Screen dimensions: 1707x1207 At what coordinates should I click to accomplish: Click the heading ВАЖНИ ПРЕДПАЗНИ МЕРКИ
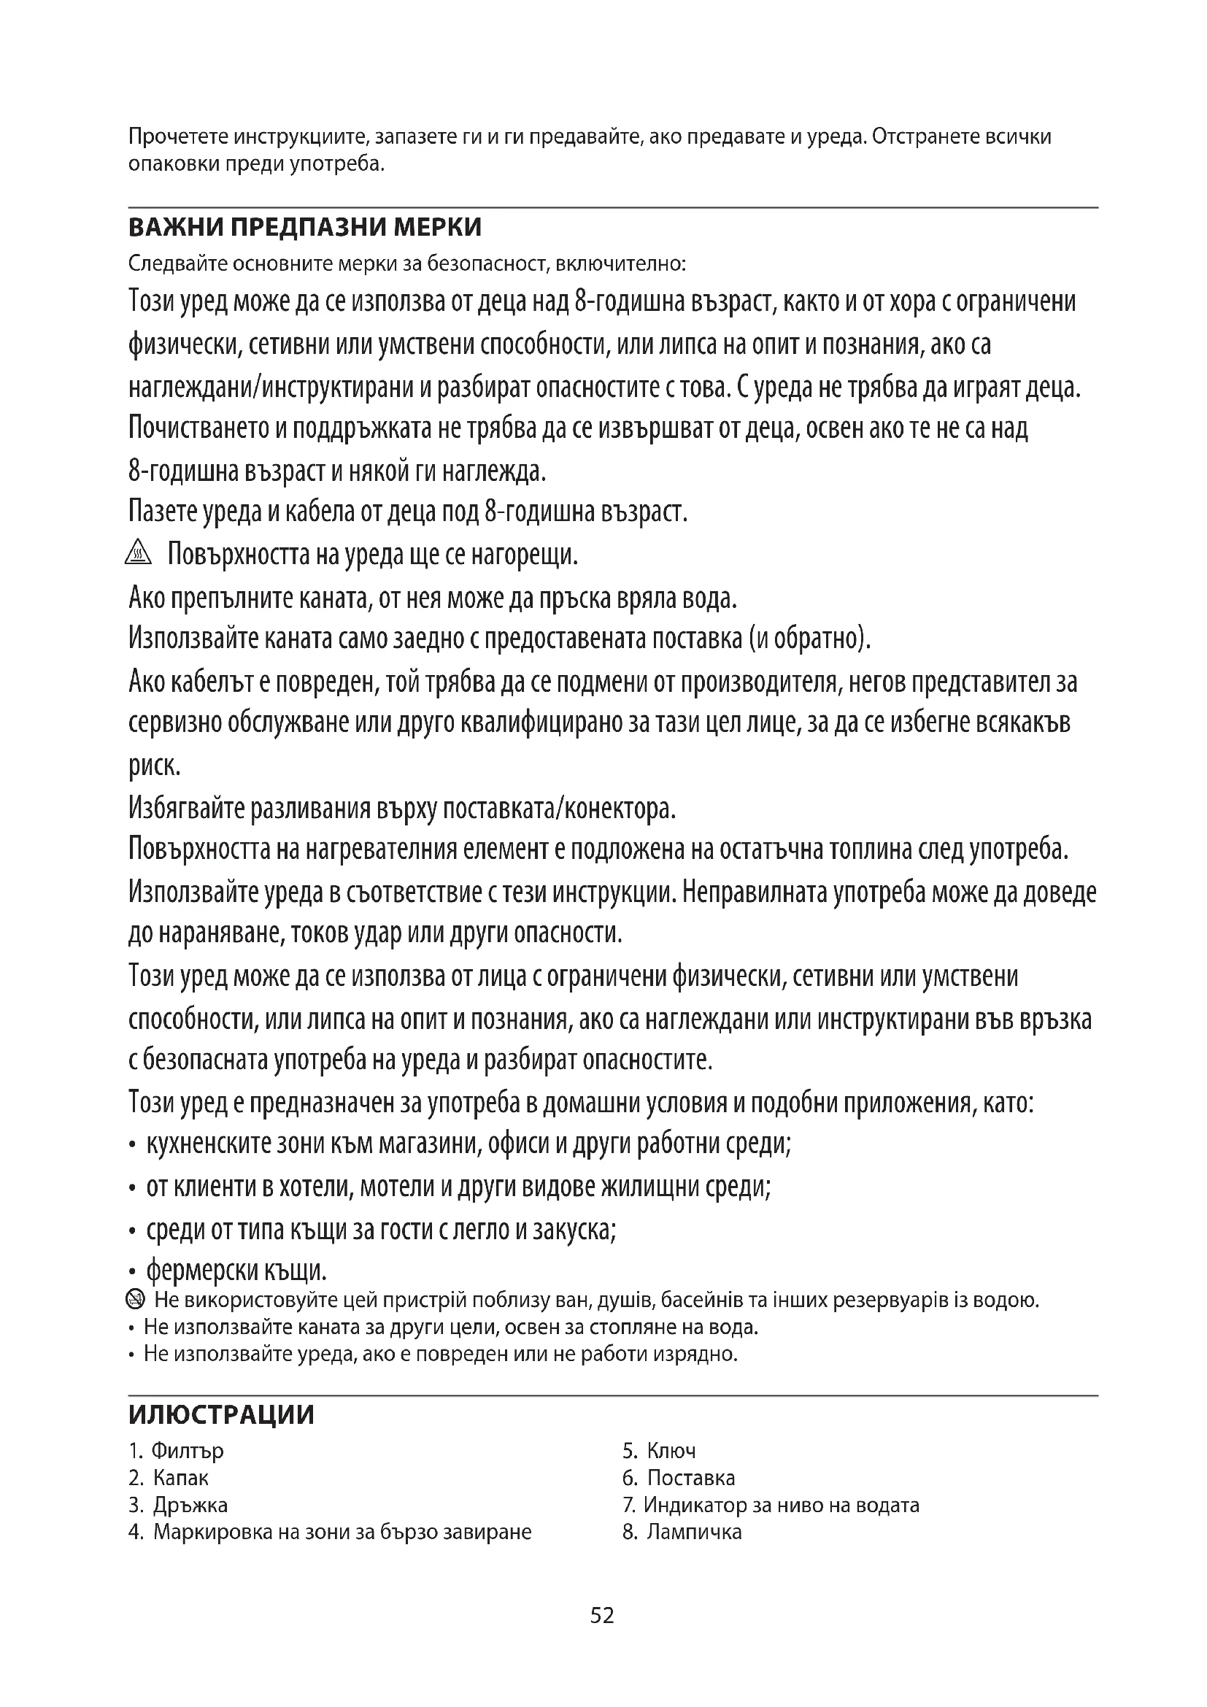[x=305, y=227]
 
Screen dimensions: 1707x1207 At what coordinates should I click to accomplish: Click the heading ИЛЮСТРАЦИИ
[x=222, y=1414]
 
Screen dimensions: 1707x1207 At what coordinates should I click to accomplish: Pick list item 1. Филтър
[x=176, y=1451]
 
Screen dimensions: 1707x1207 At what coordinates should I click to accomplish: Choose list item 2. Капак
[x=169, y=1477]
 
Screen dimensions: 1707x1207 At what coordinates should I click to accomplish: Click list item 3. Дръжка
[x=178, y=1505]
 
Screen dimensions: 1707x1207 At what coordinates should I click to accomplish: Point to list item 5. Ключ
[x=659, y=1451]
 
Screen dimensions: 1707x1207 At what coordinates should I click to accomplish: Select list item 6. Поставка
[x=679, y=1477]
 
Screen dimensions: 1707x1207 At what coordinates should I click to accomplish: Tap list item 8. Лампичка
[x=682, y=1532]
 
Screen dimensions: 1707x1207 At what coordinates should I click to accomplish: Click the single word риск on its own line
[x=155, y=766]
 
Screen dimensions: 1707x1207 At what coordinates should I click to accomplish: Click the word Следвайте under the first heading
[x=177, y=264]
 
